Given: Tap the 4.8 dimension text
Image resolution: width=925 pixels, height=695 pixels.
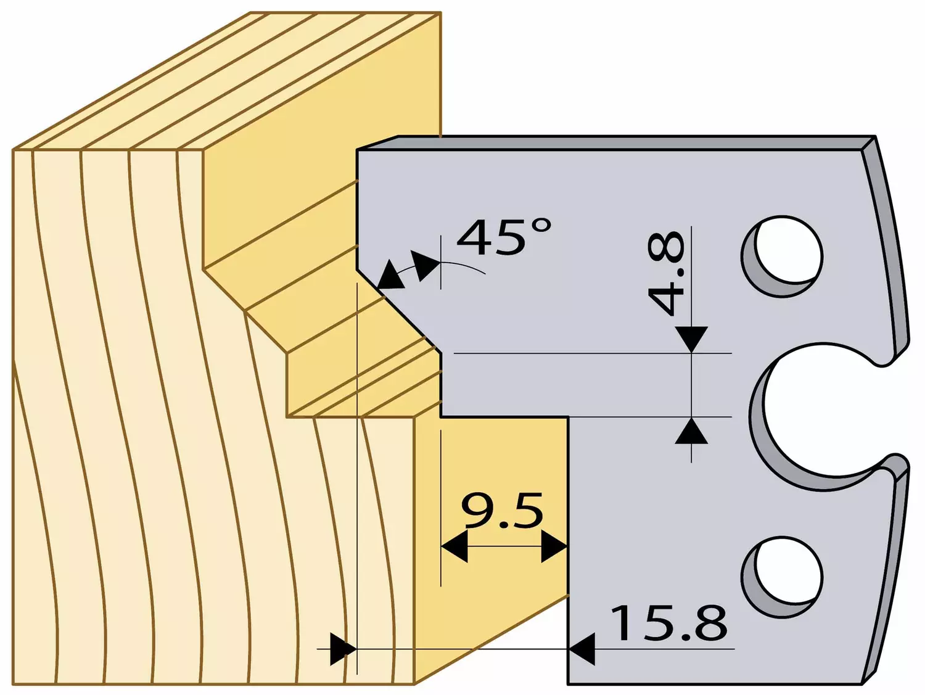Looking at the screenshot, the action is (666, 273).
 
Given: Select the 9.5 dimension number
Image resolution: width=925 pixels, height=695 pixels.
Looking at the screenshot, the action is (503, 511).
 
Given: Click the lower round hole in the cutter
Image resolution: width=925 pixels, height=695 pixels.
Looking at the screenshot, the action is (783, 577).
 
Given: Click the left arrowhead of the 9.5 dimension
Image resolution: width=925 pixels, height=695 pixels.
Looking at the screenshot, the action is (454, 546).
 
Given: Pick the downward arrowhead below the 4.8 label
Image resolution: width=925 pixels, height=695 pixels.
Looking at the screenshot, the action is (691, 339).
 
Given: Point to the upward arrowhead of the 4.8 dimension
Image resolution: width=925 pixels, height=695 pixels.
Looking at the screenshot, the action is (691, 430).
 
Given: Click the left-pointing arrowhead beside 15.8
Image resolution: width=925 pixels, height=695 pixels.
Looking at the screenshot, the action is (582, 649).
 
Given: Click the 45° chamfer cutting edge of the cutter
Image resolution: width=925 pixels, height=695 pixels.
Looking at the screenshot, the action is (398, 311).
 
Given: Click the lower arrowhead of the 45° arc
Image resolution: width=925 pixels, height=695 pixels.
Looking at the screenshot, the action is (390, 275).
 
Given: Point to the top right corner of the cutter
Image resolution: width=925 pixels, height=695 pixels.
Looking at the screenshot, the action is (876, 136).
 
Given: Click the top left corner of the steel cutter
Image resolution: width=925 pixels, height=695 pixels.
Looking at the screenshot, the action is (357, 149).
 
